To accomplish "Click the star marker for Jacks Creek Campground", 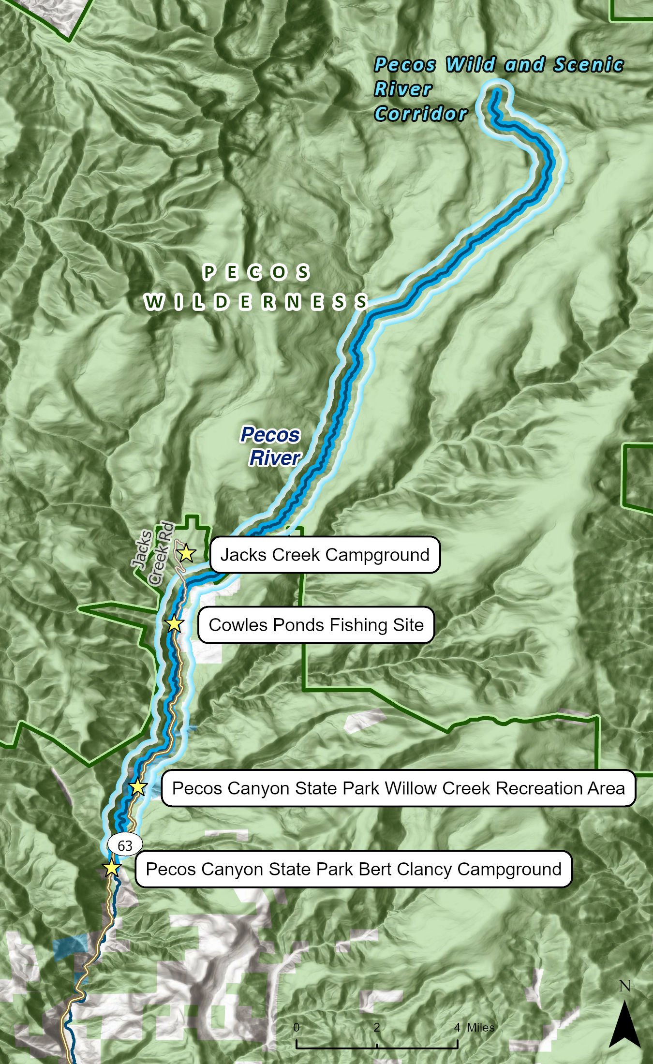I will (x=186, y=553).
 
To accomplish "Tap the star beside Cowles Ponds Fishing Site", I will (x=174, y=624).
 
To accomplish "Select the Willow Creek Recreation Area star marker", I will (x=138, y=787).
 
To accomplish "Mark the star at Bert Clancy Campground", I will (x=112, y=867).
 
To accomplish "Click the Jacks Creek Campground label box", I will (x=325, y=555).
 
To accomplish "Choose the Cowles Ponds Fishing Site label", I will (x=316, y=625).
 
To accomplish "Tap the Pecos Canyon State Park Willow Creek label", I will (x=398, y=788).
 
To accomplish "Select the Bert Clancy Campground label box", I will (x=354, y=869).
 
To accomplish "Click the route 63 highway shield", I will (x=125, y=845).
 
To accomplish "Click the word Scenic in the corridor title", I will (x=589, y=64).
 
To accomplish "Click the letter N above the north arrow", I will (x=625, y=986).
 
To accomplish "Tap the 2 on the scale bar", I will (x=376, y=1027).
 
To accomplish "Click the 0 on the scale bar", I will (x=297, y=1027).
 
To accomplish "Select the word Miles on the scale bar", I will (x=481, y=1027).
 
